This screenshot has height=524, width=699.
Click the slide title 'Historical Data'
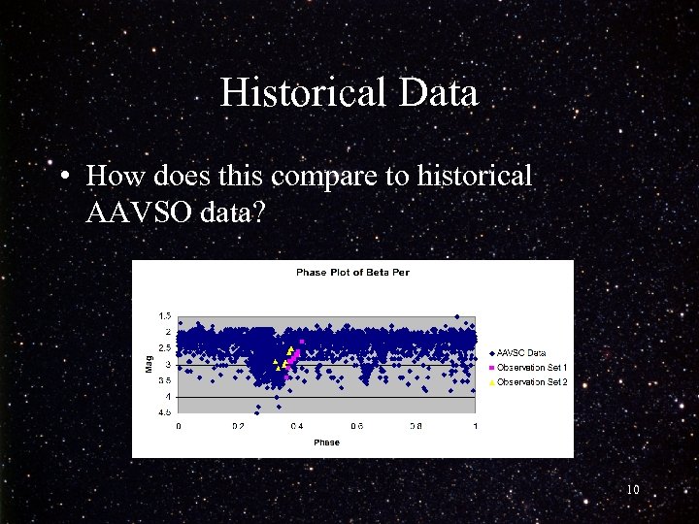349,93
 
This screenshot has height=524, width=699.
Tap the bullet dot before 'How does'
63,177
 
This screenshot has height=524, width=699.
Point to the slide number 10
632,490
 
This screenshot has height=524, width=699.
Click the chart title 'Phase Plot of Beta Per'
352,273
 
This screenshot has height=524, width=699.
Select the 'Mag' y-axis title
149,364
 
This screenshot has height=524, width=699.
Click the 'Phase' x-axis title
326,442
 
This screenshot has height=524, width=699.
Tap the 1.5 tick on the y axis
165,315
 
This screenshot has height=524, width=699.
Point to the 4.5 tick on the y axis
165,412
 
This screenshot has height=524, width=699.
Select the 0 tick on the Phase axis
178,426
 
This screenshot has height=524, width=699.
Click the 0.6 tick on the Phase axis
356,426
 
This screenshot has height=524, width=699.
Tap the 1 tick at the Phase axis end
476,426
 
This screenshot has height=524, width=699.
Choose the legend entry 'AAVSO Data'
522,353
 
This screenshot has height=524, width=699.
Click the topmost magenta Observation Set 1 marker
302,342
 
